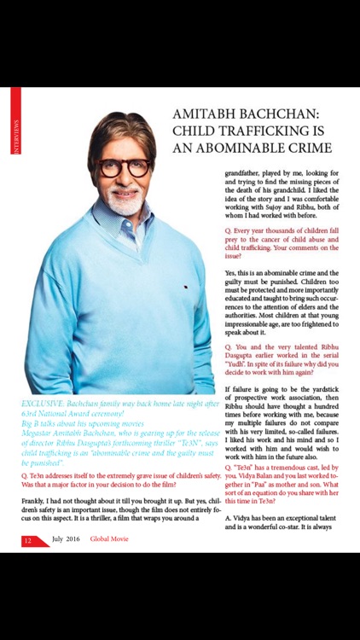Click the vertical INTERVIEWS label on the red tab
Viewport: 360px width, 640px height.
pos(15,139)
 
